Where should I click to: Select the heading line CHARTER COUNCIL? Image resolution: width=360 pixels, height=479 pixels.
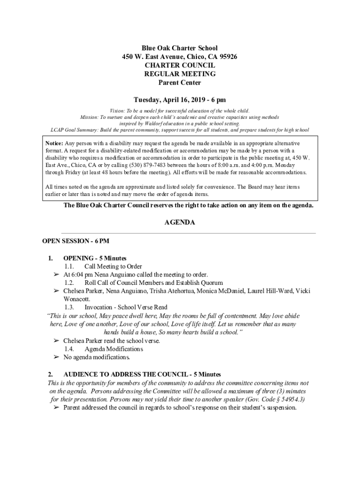pyautogui.click(x=180, y=65)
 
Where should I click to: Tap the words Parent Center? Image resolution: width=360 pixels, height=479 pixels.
pyautogui.click(x=180, y=83)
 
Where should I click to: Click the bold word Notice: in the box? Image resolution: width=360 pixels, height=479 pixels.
pyautogui.click(x=54, y=143)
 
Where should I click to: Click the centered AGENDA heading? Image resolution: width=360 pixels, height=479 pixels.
pyautogui.click(x=180, y=223)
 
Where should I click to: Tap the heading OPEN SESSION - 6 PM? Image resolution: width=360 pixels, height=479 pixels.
pyautogui.click(x=76, y=241)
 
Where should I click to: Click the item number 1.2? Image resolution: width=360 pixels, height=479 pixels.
pyautogui.click(x=69, y=283)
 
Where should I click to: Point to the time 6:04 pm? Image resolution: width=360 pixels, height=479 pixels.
pyautogui.click(x=81, y=275)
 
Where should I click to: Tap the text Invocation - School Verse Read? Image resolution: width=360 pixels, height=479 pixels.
pyautogui.click(x=126, y=308)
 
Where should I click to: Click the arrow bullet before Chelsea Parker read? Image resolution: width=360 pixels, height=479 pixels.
pyautogui.click(x=56, y=341)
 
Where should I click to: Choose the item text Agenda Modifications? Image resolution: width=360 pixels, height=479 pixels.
pyautogui.click(x=114, y=349)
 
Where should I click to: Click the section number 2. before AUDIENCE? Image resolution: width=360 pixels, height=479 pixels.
pyautogui.click(x=50, y=375)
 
